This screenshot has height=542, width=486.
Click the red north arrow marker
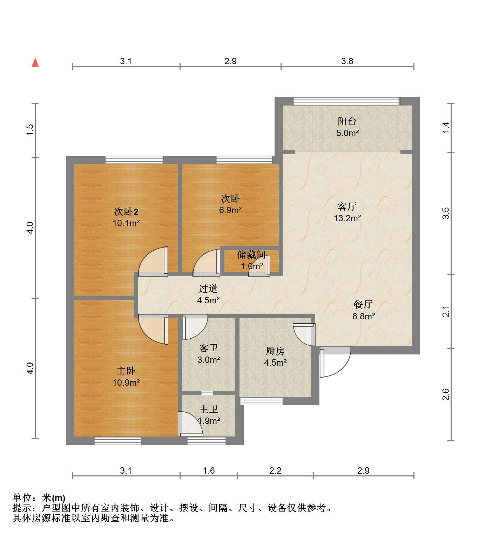pyautogui.click(x=35, y=62)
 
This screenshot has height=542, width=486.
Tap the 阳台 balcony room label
pyautogui.click(x=347, y=121)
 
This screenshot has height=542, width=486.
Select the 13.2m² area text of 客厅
pyautogui.click(x=347, y=218)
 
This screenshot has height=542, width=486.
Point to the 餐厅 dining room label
pyautogui.click(x=363, y=304)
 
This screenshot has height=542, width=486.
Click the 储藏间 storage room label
pyautogui.click(x=251, y=255)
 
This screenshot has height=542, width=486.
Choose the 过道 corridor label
pyautogui.click(x=208, y=289)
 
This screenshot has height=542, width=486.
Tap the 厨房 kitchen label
pyautogui.click(x=275, y=351)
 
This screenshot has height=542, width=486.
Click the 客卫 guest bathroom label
pyautogui.click(x=209, y=348)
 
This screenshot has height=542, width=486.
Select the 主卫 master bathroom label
pyautogui.click(x=209, y=409)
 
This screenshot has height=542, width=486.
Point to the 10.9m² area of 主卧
pyautogui.click(x=126, y=383)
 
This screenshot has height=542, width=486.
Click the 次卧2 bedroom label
pyautogui.click(x=126, y=212)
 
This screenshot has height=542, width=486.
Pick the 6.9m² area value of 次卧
pyautogui.click(x=230, y=210)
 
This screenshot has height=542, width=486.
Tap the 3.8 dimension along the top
pyautogui.click(x=347, y=61)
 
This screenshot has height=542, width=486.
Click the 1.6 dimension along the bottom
pyautogui.click(x=209, y=470)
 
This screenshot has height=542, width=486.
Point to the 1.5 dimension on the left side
pyautogui.click(x=30, y=130)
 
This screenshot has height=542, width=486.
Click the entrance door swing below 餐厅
pyautogui.click(x=335, y=362)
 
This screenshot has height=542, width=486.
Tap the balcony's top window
pyautogui.click(x=346, y=101)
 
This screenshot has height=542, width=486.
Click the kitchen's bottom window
pyautogui.click(x=262, y=401)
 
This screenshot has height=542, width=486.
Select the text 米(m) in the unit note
pyautogui.click(x=54, y=498)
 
